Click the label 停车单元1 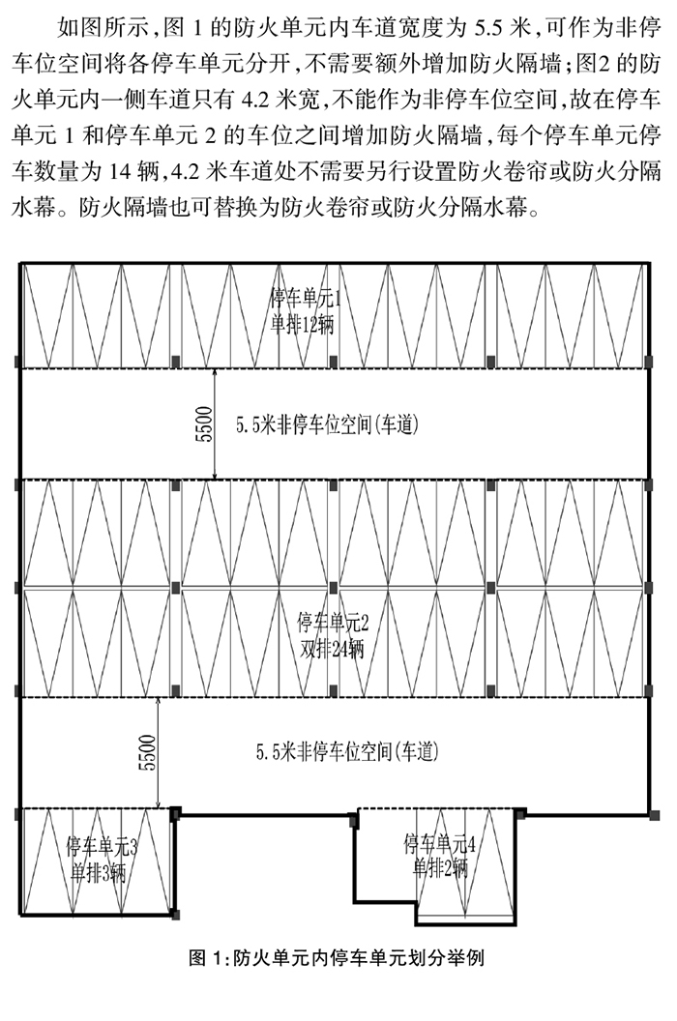[306, 298]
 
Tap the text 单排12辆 [302, 324]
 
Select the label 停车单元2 [333, 623]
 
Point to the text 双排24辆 [332, 649]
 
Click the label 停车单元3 [102, 846]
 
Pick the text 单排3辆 [99, 872]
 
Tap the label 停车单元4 [440, 844]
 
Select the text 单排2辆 [440, 867]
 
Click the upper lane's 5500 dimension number [204, 424]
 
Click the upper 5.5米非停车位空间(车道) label [327, 425]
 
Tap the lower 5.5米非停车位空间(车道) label [347, 752]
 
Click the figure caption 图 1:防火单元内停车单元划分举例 [337, 958]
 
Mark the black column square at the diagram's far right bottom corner [654, 815]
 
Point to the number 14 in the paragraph [120, 171]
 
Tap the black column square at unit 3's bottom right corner [175, 915]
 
